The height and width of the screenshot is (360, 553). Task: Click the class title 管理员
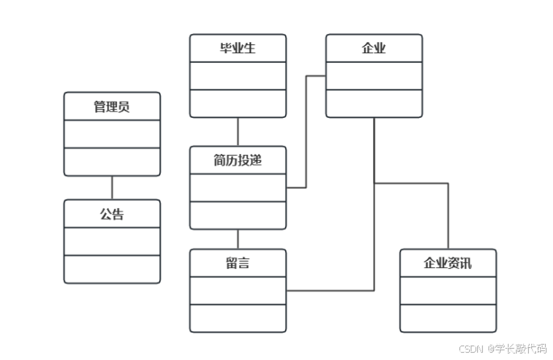(x=112, y=107)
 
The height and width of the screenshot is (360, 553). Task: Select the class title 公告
(x=112, y=214)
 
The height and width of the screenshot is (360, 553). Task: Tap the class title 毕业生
(x=237, y=48)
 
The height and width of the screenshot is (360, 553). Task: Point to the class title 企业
(x=374, y=48)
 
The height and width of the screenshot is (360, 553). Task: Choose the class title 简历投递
(x=237, y=160)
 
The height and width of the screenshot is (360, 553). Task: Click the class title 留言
(x=237, y=263)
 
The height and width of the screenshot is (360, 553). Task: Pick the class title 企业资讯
(x=447, y=263)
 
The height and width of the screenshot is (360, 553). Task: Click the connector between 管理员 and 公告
(x=112, y=187)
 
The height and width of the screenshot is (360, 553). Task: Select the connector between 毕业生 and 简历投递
(x=237, y=132)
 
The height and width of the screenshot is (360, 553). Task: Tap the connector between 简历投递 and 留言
(x=237, y=239)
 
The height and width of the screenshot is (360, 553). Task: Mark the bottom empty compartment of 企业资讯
(x=447, y=317)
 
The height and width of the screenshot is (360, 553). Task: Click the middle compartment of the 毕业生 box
(x=237, y=76)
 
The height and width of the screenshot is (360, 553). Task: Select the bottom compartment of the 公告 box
(x=112, y=269)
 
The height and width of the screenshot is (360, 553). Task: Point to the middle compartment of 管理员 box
(x=112, y=134)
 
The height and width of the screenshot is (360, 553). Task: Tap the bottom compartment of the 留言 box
(x=237, y=317)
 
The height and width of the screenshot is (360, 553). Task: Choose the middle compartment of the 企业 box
(x=374, y=76)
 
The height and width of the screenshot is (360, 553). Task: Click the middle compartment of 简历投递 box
(x=237, y=187)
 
